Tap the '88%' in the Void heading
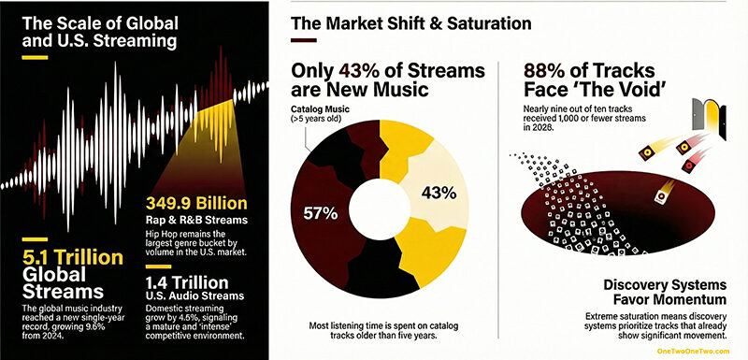point(544,72)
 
